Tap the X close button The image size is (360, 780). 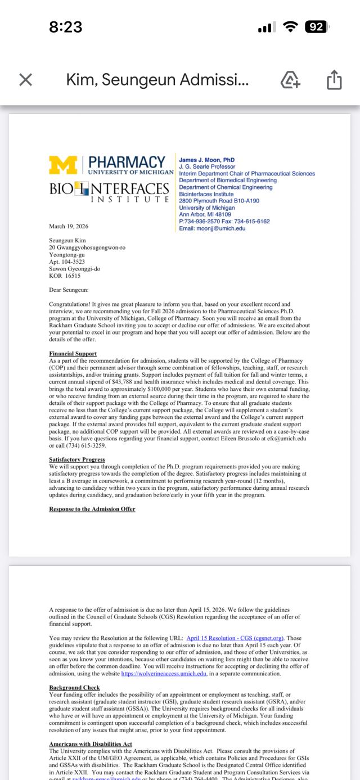point(25,80)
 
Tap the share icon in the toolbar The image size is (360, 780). point(334,80)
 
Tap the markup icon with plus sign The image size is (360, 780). point(290,80)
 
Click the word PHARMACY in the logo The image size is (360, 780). point(127,163)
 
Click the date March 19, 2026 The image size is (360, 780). point(69,227)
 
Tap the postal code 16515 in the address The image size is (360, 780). point(73,276)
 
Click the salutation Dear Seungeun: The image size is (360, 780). point(69,290)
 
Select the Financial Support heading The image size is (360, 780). point(73,354)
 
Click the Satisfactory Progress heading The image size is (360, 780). point(77,459)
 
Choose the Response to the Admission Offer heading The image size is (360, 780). point(92,509)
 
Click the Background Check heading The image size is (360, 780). point(74,687)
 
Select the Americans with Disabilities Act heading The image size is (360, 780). point(91,744)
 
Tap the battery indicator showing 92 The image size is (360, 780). point(316,26)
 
